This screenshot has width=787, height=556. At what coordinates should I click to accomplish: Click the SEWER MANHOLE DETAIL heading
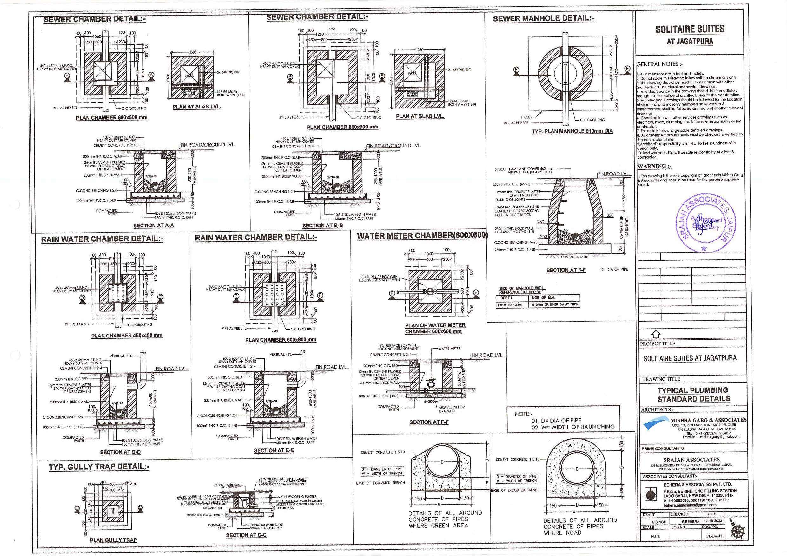(x=543, y=19)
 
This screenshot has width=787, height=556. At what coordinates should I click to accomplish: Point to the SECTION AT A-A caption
(x=154, y=226)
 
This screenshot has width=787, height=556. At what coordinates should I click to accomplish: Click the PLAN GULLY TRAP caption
(x=113, y=540)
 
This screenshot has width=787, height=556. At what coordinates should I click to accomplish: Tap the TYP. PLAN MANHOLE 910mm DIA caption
(x=572, y=131)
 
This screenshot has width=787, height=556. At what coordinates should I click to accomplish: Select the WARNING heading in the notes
(x=654, y=167)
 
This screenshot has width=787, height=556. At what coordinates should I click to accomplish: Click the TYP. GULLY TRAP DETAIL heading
(x=99, y=467)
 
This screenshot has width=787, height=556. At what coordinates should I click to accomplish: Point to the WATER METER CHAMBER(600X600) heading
(x=422, y=236)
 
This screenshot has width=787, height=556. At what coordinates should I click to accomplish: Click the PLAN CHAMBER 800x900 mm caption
(x=342, y=127)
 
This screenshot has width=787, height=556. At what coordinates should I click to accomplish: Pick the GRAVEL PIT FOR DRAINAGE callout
(x=452, y=409)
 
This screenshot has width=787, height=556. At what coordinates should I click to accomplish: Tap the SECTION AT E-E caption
(x=274, y=451)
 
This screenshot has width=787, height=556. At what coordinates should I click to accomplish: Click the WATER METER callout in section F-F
(x=449, y=349)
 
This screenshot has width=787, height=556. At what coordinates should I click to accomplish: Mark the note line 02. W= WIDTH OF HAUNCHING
(x=573, y=427)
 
